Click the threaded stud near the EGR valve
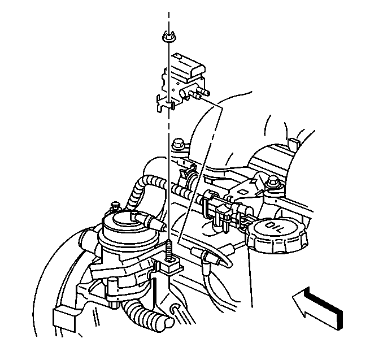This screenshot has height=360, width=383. click(x=169, y=250)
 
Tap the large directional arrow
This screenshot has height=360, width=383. click(x=318, y=307)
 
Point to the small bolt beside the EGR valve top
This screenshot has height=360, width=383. click(x=115, y=206)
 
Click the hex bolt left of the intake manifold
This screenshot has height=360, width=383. click(x=177, y=144)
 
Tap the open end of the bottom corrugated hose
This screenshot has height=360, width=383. click(x=169, y=323)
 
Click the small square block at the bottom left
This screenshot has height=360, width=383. click(x=64, y=318)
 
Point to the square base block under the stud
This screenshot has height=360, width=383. click(x=171, y=266)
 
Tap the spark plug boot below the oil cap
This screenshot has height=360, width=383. click(x=204, y=257)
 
